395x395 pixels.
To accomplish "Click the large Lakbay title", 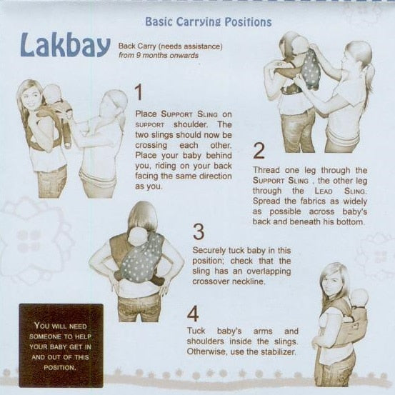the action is pos(66,45).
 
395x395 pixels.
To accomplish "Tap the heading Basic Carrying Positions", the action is pos(209,22).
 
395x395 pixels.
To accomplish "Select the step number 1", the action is pos(139,92).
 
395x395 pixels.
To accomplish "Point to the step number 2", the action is pos(259,151).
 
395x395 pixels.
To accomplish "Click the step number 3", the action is pos(199,231).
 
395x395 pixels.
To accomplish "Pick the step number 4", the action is pos(193,314).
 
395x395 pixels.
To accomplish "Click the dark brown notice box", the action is pos(61,346).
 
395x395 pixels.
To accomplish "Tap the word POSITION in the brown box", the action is pos(59,368).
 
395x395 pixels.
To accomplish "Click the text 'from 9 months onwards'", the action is pos(159,56).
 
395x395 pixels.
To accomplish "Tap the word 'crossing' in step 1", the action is pos(151,146).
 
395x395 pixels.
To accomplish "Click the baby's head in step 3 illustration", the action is pos(138,236).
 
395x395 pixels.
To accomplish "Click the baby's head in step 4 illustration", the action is pos(360,298).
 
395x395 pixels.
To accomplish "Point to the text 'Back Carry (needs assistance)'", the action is pos(171,46).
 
